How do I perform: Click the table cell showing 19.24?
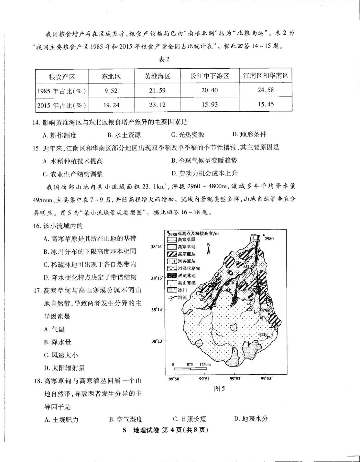111,105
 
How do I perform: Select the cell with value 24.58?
266,90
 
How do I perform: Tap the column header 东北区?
111,77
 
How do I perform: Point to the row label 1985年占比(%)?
61,91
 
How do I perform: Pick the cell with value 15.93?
210,105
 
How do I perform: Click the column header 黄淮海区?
157,77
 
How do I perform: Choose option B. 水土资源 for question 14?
124,135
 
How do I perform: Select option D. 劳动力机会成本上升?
204,173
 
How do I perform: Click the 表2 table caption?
164,59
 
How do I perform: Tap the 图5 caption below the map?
219,389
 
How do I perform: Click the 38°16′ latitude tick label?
157,247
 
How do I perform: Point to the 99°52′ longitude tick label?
235,379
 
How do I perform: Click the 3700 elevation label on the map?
266,311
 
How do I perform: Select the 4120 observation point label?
263,334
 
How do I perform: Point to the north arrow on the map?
209,249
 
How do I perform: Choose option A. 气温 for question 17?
54,329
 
